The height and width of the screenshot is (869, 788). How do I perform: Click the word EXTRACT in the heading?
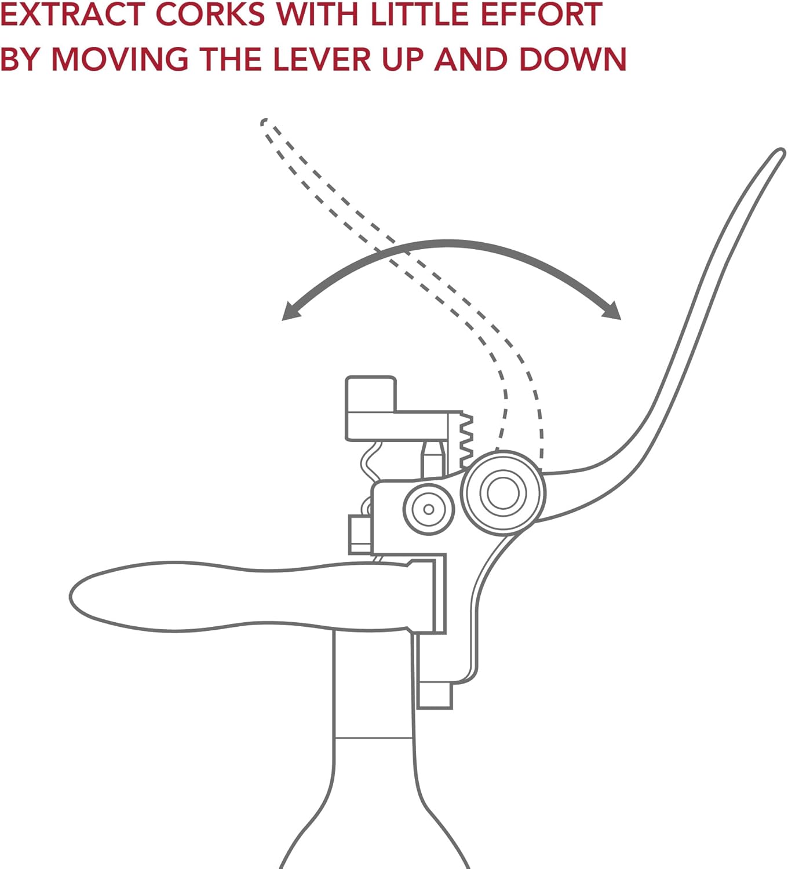(x=73, y=14)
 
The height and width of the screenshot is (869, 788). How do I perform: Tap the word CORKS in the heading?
(x=210, y=14)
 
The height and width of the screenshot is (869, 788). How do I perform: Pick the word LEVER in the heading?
(x=321, y=59)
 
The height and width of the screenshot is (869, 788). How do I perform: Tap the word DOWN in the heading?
(x=573, y=59)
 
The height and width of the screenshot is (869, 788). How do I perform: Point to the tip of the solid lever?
(x=781, y=152)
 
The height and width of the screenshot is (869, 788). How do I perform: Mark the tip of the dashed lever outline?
(x=264, y=122)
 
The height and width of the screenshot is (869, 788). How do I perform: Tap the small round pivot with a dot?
(x=429, y=509)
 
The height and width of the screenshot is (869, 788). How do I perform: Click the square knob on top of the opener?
(x=371, y=394)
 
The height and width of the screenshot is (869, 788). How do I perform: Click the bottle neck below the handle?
(x=373, y=693)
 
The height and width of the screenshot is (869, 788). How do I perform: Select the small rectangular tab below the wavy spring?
(x=360, y=534)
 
